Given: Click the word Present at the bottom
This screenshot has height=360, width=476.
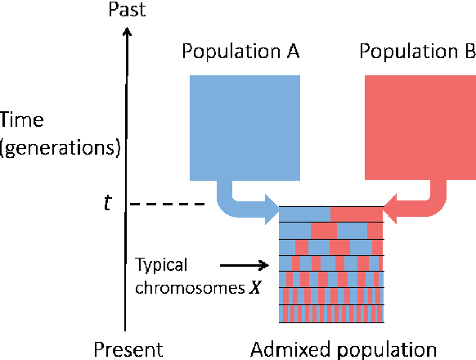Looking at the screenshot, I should [x=128, y=349].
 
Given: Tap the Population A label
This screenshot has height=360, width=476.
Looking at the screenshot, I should [x=240, y=53].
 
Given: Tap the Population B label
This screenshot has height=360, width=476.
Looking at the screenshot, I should [x=417, y=53].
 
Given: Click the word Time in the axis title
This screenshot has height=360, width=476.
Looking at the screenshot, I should [x=21, y=121].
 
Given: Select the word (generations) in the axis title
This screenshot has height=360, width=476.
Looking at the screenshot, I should [x=61, y=148].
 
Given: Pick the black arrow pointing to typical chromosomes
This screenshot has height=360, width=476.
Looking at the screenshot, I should [x=244, y=264].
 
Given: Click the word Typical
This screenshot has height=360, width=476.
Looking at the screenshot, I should [x=162, y=264].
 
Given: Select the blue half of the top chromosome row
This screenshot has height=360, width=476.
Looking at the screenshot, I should [x=305, y=213].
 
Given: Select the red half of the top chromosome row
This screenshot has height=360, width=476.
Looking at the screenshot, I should [x=357, y=213].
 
